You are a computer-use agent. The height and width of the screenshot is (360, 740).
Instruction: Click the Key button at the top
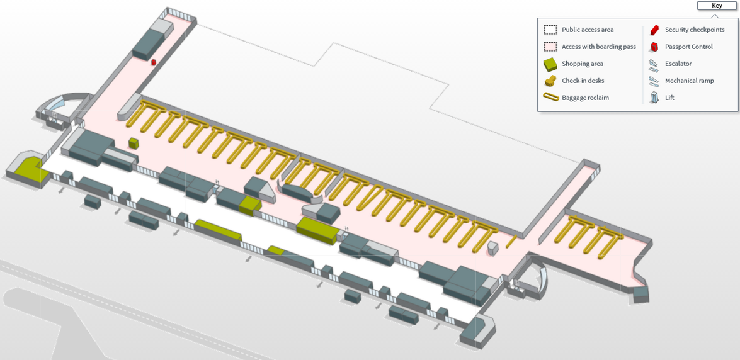tap(717, 6)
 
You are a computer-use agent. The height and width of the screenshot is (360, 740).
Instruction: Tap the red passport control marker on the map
tap(154, 62)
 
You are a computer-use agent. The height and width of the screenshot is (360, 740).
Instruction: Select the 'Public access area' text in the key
tap(588, 30)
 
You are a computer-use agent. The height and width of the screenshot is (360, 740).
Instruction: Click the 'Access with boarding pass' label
tap(598, 47)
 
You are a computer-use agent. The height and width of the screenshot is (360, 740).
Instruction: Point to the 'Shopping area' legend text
tap(583, 64)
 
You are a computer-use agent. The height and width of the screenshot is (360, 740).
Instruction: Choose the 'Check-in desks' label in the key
tap(583, 81)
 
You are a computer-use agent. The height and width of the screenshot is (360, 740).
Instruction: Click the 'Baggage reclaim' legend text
tap(585, 98)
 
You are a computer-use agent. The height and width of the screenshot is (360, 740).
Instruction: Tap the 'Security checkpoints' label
tap(695, 30)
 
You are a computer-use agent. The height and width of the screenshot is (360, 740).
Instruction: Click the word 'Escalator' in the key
tap(678, 64)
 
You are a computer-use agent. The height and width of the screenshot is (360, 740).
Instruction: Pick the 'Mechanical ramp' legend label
tap(689, 81)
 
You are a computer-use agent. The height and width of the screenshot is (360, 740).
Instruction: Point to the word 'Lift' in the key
tap(669, 98)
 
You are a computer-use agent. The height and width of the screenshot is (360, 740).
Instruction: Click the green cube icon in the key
tap(550, 64)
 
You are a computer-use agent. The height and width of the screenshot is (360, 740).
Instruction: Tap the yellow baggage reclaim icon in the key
tap(550, 98)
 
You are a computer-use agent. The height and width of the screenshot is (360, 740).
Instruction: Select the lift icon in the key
tap(654, 98)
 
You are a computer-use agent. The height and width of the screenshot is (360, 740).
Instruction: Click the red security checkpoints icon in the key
tap(654, 30)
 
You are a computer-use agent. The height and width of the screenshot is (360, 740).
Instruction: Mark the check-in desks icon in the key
tap(550, 81)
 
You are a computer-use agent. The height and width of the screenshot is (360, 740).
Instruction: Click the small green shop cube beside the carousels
tap(134, 143)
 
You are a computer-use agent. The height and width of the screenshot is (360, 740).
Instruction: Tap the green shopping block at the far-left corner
tap(26, 169)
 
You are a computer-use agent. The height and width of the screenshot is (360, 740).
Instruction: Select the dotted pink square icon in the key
tap(550, 47)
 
